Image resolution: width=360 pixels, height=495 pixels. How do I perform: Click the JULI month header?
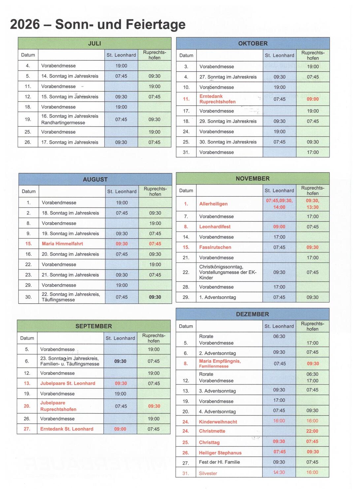94,44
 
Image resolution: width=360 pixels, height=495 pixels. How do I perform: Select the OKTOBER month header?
253,44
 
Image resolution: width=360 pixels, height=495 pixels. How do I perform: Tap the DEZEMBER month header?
252,314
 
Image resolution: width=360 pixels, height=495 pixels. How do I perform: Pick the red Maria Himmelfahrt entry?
62,244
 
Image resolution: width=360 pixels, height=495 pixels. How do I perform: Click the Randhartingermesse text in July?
63,123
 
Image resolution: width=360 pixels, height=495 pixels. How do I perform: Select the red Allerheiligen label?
213,204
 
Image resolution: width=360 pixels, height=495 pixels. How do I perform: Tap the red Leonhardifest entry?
215,227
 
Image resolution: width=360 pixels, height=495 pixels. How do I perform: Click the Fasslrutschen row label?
215,247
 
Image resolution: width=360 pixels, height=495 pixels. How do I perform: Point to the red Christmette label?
212,431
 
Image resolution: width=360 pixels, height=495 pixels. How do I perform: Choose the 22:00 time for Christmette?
312,431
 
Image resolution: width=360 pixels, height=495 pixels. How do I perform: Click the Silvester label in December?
208,474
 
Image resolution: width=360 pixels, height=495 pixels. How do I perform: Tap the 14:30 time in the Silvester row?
279,473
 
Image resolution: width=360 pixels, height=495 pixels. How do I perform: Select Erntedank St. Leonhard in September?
67,429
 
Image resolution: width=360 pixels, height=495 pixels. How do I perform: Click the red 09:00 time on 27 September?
120,429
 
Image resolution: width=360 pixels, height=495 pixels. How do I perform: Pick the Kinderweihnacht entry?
218,422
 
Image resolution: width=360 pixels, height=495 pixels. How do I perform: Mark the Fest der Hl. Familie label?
219,462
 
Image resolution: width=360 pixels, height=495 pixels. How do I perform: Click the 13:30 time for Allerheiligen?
312,207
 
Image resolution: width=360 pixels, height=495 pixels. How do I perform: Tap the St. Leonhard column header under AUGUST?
122,191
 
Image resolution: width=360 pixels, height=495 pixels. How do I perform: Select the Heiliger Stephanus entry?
220,453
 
